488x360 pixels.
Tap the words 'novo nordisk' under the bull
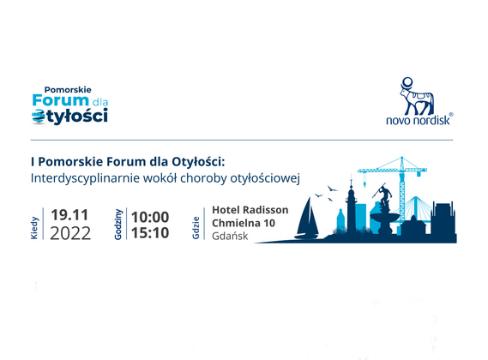point(418,120)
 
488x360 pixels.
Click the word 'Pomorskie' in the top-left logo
point(68,90)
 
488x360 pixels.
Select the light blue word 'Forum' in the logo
point(61,100)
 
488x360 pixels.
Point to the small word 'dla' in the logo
point(99,102)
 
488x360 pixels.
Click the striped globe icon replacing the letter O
point(39,117)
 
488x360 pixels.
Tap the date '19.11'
point(69,214)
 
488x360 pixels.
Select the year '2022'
point(70,233)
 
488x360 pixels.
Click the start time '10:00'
point(150,217)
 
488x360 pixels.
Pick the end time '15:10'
point(150,233)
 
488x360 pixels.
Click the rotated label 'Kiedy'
point(34,228)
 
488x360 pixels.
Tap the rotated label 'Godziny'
point(118,225)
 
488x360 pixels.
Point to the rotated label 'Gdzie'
point(196,228)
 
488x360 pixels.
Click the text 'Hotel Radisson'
point(250,210)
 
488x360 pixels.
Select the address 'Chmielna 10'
point(244,223)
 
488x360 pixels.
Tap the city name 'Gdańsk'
point(230,237)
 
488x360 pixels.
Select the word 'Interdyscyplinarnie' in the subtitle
point(85,178)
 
